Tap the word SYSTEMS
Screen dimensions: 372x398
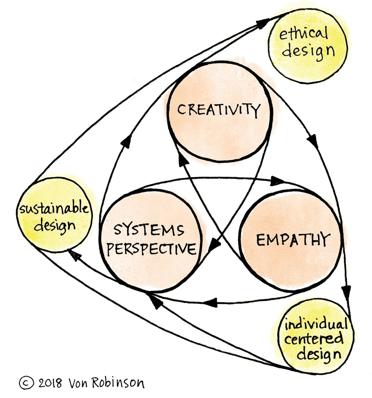[x=149, y=230]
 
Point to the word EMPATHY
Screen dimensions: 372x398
[x=292, y=239]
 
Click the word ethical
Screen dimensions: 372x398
[x=304, y=35]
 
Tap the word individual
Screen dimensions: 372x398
[x=316, y=324]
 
